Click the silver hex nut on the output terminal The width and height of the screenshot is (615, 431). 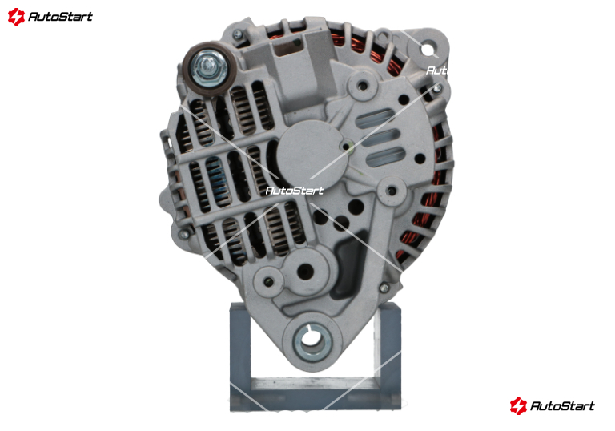(209, 69)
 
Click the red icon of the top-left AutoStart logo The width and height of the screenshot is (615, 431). (16, 17)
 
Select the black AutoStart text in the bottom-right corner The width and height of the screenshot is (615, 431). (562, 405)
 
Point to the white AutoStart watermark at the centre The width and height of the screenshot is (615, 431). (295, 191)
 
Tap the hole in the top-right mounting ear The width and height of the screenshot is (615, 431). (425, 50)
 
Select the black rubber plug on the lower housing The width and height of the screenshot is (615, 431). (347, 267)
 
